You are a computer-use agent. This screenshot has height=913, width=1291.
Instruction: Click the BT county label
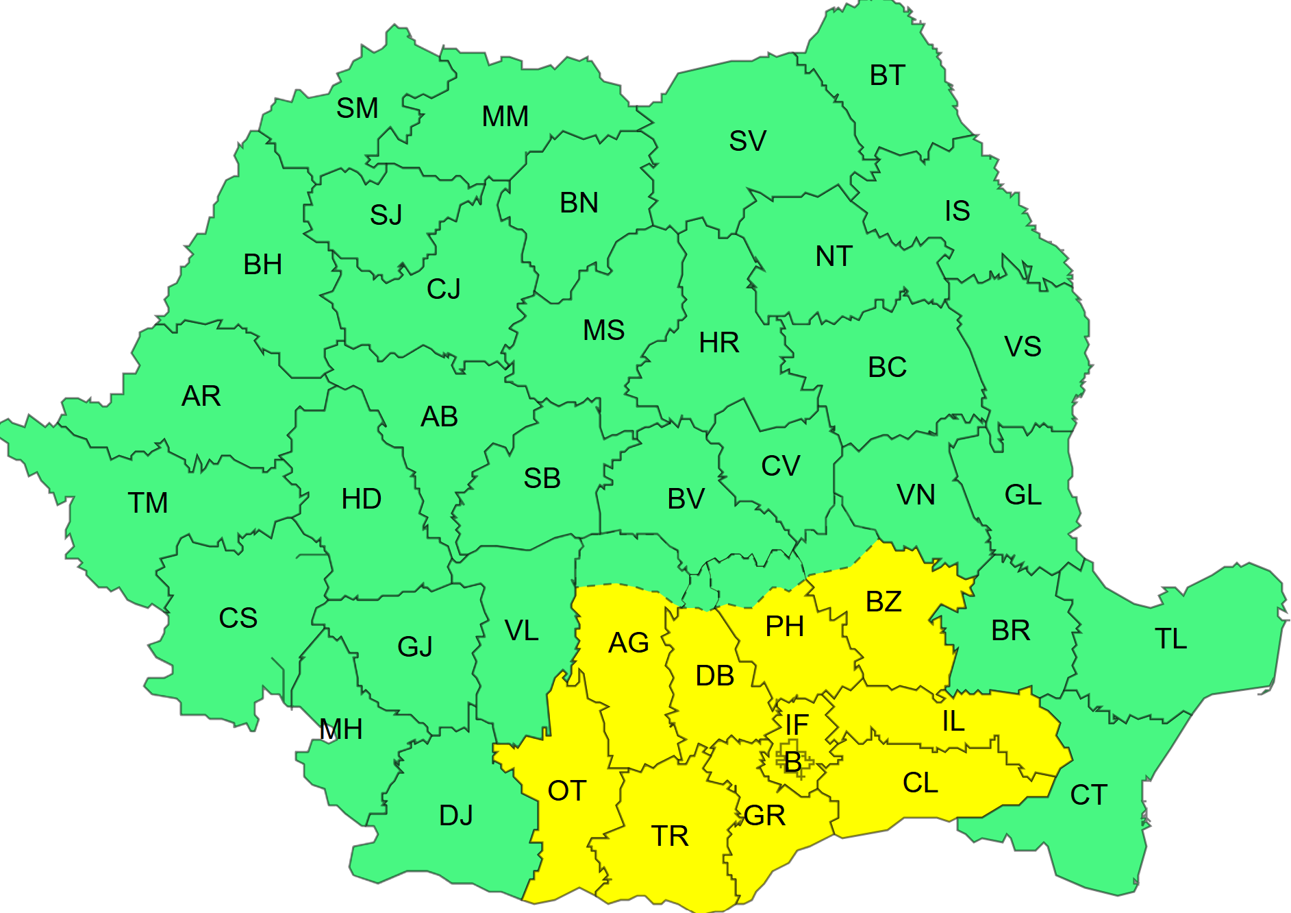pyautogui.click(x=887, y=76)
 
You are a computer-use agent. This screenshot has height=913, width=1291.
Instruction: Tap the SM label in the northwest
pyautogui.click(x=357, y=108)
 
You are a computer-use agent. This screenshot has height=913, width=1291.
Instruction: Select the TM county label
pyautogui.click(x=147, y=503)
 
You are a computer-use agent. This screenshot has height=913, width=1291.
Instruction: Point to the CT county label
pyautogui.click(x=1088, y=795)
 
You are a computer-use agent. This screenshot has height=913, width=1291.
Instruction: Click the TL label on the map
pyautogui.click(x=1170, y=639)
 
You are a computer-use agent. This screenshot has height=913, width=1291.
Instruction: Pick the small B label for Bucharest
pyautogui.click(x=793, y=762)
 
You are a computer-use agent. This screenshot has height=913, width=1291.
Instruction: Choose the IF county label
pyautogui.click(x=797, y=725)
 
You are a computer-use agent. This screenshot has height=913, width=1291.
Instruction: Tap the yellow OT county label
pyautogui.click(x=566, y=791)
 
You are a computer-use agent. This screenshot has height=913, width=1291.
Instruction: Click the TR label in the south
pyautogui.click(x=669, y=836)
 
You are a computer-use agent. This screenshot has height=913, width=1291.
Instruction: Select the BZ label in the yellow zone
pyautogui.click(x=883, y=602)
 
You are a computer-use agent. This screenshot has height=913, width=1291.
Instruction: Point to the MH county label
pyautogui.click(x=340, y=729)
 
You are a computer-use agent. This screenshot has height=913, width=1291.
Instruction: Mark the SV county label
pyautogui.click(x=747, y=141)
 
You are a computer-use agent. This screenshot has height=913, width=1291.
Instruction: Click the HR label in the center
pyautogui.click(x=719, y=343)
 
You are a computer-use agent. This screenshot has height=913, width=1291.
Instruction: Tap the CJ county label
pyautogui.click(x=444, y=289)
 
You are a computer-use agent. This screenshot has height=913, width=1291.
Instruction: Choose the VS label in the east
pyautogui.click(x=1023, y=347)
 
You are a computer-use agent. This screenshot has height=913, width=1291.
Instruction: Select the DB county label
pyautogui.click(x=715, y=677)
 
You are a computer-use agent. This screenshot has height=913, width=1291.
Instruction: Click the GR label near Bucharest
pyautogui.click(x=764, y=816)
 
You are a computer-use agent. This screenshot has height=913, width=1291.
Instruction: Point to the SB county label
pyautogui.click(x=542, y=478)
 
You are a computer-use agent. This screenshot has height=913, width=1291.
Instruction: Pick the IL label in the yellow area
pyautogui.click(x=953, y=721)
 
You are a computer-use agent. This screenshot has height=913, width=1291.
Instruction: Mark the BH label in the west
pyautogui.click(x=262, y=265)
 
